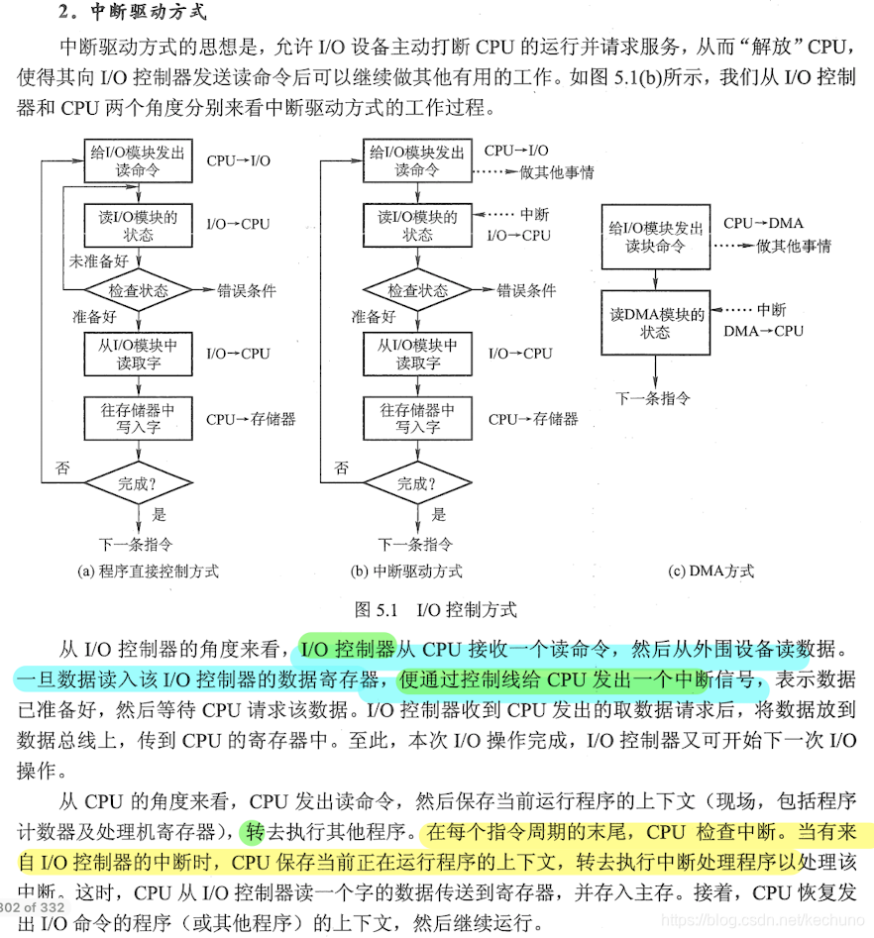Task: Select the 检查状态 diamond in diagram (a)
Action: pos(139,291)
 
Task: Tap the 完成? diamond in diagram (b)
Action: pos(417,483)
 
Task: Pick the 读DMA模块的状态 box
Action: pos(655,323)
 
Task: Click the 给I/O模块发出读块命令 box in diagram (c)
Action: pos(655,237)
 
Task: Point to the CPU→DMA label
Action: pos(763,224)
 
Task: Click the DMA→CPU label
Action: pos(763,331)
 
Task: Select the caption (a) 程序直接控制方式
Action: pos(148,571)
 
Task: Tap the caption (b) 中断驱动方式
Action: pos(406,571)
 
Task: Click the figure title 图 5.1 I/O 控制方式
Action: pos(435,609)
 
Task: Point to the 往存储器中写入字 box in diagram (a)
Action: pos(139,418)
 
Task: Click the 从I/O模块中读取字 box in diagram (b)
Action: pos(417,354)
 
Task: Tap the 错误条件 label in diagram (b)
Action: pos(526,291)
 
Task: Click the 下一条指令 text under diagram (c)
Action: pos(653,398)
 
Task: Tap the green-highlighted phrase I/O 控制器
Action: pos(346,650)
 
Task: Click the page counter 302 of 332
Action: pos(33,906)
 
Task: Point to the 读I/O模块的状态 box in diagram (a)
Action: pos(139,226)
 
